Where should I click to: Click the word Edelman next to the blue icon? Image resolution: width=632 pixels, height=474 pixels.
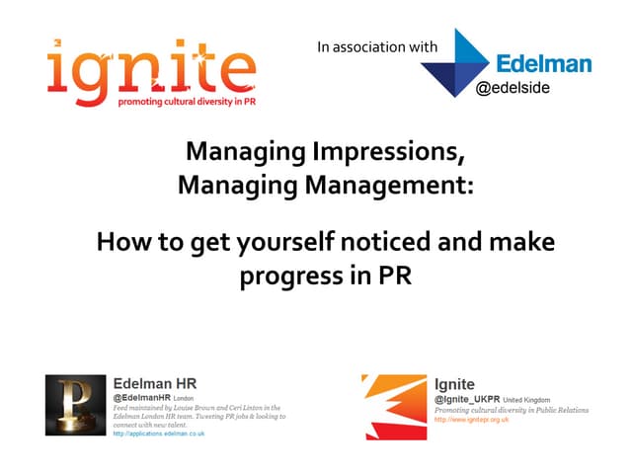tap(544, 64)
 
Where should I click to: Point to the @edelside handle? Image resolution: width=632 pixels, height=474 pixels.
tap(513, 88)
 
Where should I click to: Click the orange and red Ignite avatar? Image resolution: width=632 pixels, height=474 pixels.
tap(393, 406)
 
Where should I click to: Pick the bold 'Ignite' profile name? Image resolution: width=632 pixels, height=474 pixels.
tap(454, 383)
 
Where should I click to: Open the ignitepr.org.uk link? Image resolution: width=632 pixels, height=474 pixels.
tap(471, 420)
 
